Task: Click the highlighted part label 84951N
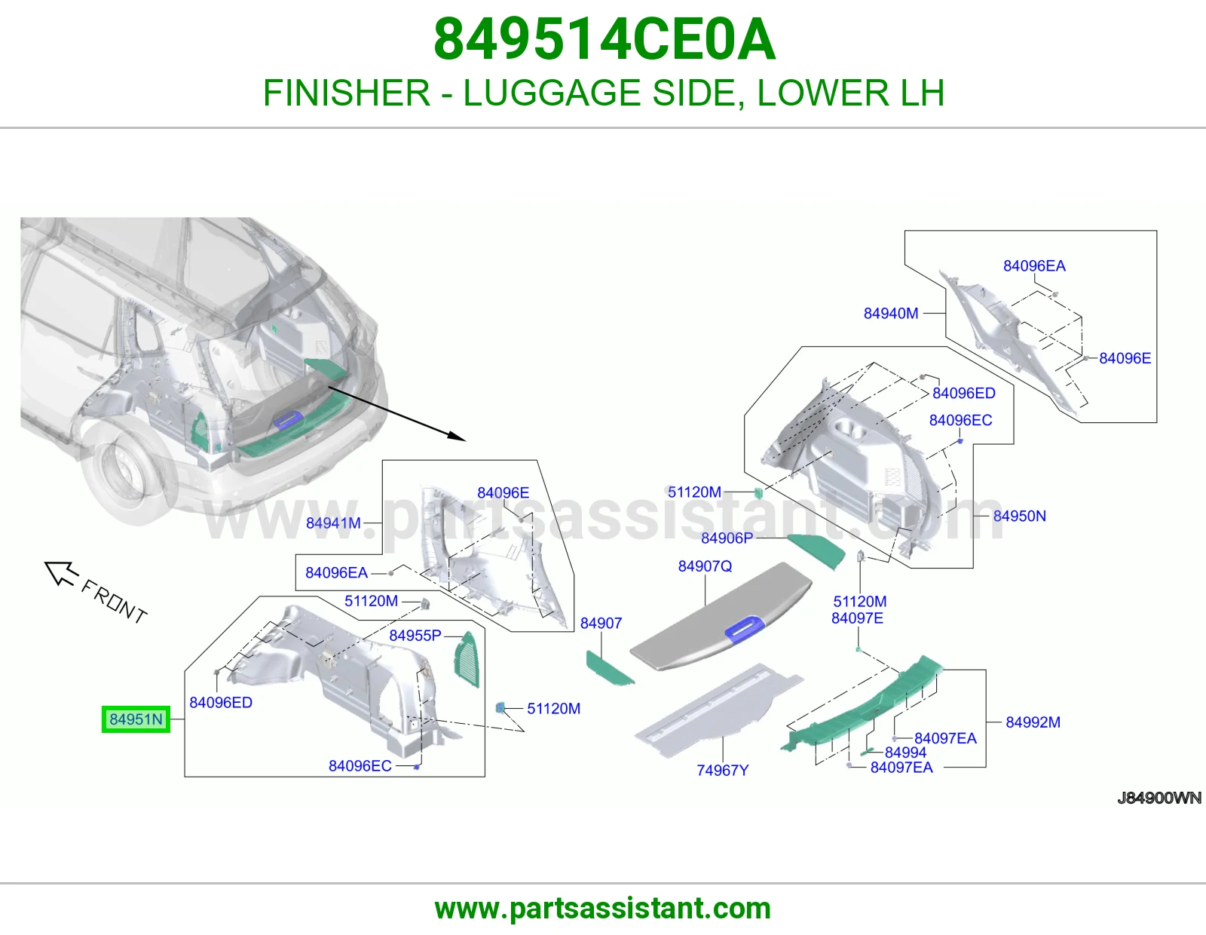136,719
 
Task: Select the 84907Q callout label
705,566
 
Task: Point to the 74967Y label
723,770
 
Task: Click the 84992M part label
1033,722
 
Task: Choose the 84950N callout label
1020,516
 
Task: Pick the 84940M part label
891,313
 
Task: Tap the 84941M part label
334,523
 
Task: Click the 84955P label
415,635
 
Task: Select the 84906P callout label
727,538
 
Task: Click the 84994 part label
906,753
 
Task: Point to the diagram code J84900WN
1159,798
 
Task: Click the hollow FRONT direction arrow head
60,573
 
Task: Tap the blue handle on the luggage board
745,629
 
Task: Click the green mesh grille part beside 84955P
466,659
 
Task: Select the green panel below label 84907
609,669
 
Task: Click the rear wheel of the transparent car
129,477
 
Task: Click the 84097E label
857,618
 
